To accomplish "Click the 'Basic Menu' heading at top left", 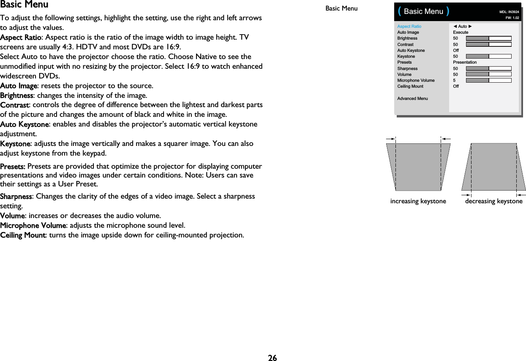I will [24, 5].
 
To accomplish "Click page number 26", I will [272, 358].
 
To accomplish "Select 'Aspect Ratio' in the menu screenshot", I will [409, 26].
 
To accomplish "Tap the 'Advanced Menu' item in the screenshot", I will [412, 98].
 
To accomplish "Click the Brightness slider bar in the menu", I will [488, 38].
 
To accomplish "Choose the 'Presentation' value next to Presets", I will [465, 62].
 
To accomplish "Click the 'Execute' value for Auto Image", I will [461, 32].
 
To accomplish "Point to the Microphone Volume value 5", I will [455, 80].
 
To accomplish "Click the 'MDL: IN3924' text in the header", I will [509, 12].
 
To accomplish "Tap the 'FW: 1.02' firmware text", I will [512, 18].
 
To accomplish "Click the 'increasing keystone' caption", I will [418, 201].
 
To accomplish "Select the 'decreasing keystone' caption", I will [493, 201].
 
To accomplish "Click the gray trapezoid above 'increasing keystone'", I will [418, 167].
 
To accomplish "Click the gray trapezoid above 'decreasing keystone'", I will [493, 167].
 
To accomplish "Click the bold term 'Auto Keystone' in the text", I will [25, 124].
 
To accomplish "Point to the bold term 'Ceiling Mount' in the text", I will [23, 235].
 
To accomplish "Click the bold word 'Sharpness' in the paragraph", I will [16, 197].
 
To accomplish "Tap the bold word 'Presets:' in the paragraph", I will [13, 166].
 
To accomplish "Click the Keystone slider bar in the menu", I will [488, 56].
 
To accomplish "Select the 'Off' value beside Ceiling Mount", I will [456, 86].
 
